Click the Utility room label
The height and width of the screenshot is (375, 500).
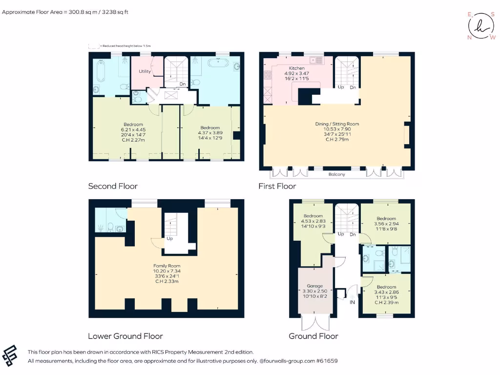click(x=145, y=71)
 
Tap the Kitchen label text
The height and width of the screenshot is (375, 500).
click(x=296, y=68)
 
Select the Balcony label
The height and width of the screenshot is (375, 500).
click(x=336, y=174)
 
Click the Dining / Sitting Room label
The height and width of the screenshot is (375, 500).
click(x=337, y=124)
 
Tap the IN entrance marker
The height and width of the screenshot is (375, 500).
click(x=352, y=302)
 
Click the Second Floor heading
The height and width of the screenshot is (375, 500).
click(x=113, y=186)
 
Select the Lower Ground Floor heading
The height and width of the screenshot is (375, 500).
click(x=125, y=336)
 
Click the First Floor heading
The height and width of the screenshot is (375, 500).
click(x=277, y=186)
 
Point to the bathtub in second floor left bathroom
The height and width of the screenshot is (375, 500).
click(x=101, y=71)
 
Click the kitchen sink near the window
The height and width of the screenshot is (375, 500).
click(x=318, y=61)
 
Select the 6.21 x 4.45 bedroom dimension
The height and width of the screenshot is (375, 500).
click(x=133, y=129)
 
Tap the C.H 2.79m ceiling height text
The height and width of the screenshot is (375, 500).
click(x=337, y=140)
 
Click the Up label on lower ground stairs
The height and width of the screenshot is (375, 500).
click(x=169, y=239)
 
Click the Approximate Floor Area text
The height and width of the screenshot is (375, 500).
click(x=65, y=12)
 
